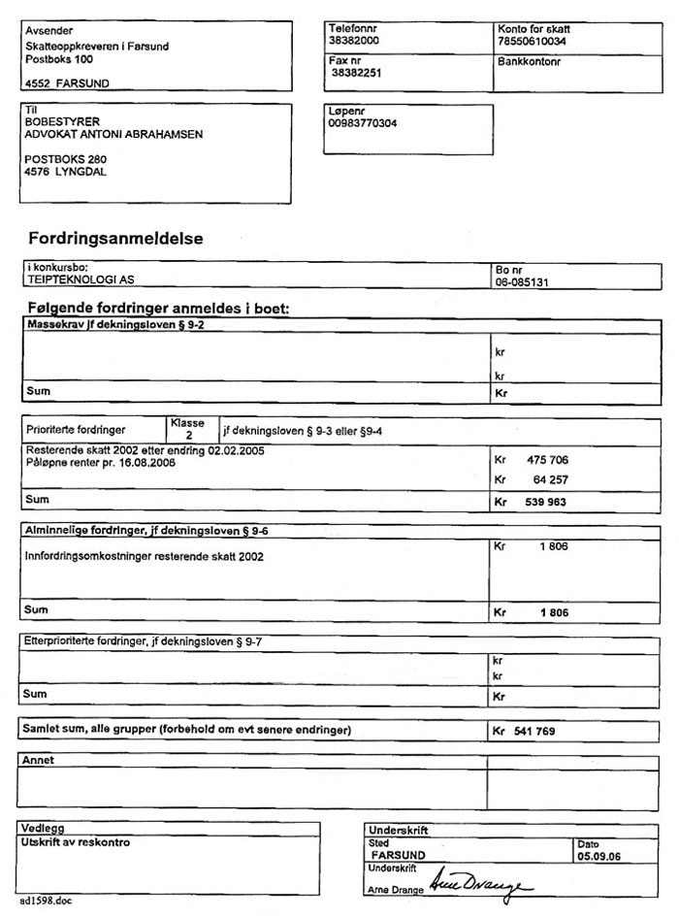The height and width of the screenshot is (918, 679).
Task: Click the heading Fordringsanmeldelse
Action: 115,238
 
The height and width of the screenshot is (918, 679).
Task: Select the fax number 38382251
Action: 356,73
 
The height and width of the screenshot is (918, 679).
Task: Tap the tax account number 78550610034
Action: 532,43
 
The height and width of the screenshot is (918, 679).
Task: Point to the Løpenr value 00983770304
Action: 364,123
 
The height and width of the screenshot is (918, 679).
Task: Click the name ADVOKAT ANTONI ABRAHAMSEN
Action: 113,135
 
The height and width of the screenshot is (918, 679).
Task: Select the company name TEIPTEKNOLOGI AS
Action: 81,279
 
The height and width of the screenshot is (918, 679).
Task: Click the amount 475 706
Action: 546,459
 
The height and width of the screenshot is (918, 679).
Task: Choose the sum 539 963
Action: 546,503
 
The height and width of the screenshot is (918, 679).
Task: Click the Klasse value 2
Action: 188,437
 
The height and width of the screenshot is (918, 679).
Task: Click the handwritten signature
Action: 481,884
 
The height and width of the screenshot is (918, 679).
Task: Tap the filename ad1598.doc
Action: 45,902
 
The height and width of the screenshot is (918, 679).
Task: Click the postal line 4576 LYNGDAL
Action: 66,172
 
